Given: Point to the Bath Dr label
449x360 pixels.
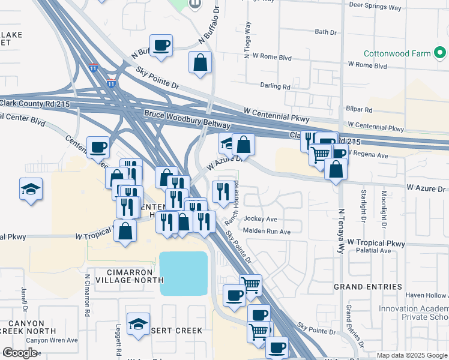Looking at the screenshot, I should [326, 32].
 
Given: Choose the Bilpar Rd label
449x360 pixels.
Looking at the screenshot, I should [360, 110].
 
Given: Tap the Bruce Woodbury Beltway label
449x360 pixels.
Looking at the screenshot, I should [187, 119].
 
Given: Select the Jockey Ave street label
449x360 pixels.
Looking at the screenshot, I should [260, 219].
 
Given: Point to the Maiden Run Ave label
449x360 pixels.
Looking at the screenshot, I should [267, 232].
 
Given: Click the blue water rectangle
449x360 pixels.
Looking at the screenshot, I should [184, 273].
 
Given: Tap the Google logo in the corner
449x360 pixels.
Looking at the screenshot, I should [20, 353].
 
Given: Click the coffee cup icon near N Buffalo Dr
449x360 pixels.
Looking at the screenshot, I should [161, 46].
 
